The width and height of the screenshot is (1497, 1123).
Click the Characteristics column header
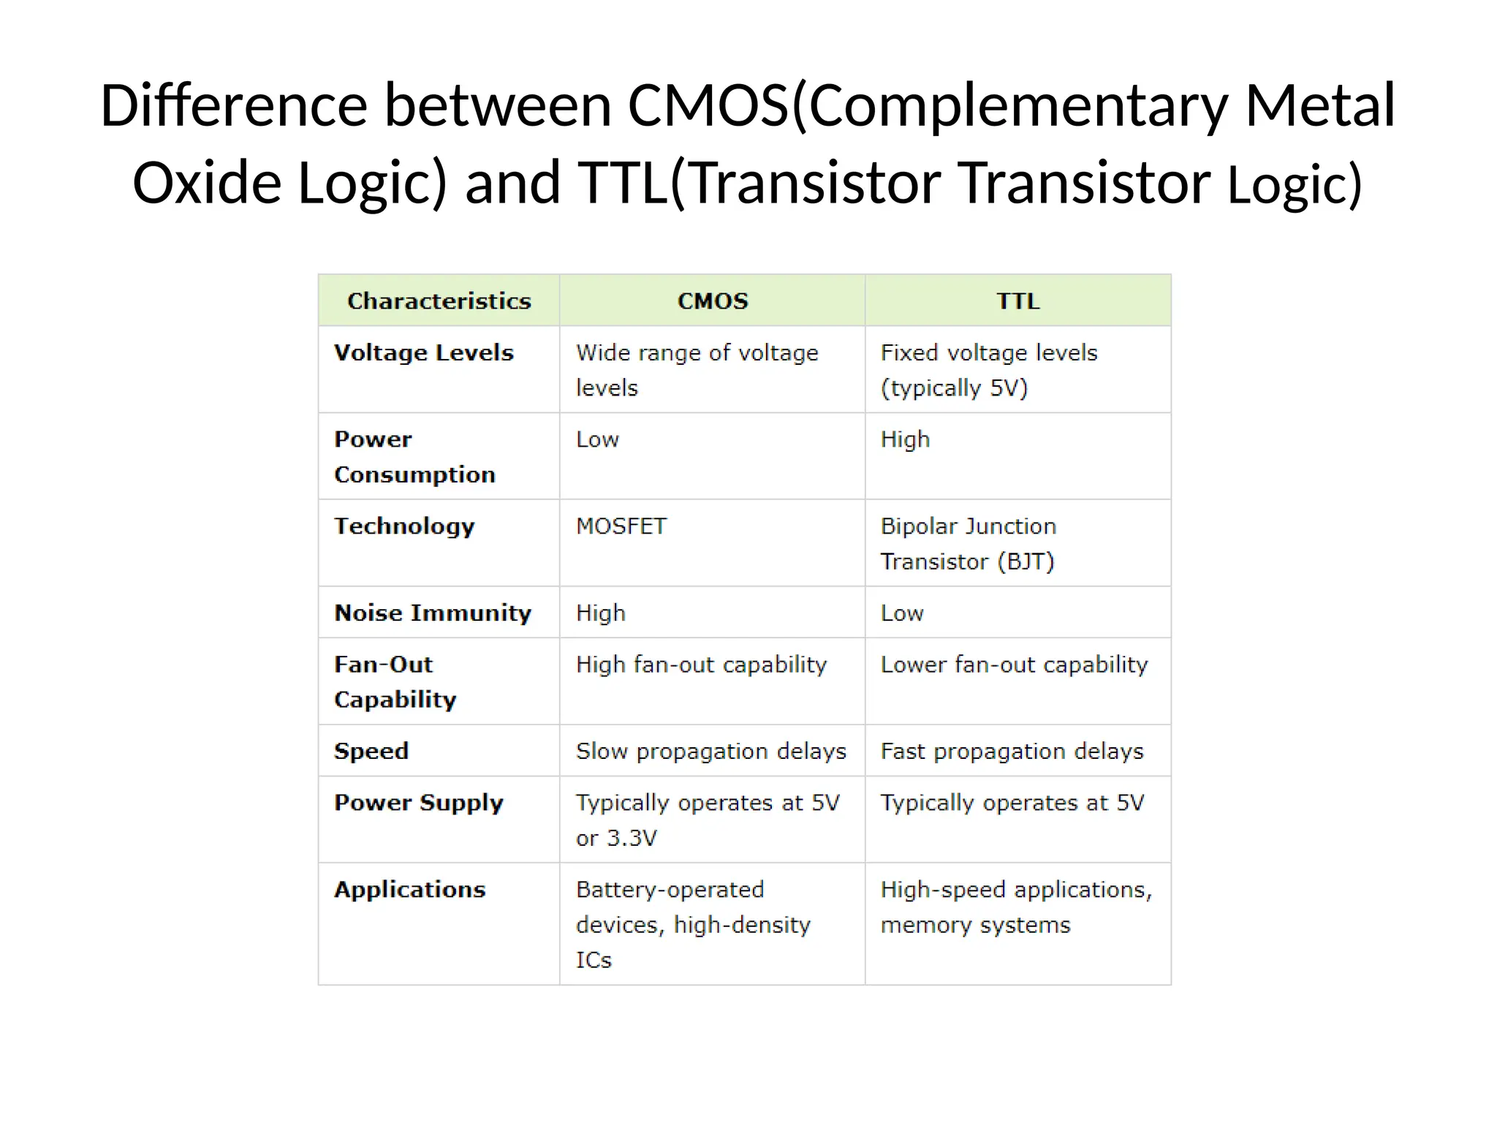click(x=439, y=301)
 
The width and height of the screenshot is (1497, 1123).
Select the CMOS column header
click(x=713, y=301)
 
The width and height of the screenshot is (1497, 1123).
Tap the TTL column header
click(x=1017, y=301)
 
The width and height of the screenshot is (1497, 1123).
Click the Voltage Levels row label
click(x=424, y=353)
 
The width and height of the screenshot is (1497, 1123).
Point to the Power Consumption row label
click(x=414, y=457)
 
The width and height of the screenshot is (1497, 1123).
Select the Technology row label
click(x=404, y=526)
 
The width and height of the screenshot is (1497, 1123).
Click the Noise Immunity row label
click(x=433, y=613)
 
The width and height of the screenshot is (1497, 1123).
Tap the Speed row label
click(x=371, y=751)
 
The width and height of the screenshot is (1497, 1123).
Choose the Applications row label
click(x=410, y=890)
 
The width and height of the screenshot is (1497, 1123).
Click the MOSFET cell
click(x=621, y=526)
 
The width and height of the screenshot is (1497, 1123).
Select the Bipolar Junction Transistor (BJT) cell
click(x=968, y=544)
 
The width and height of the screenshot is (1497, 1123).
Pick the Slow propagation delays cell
click(x=710, y=752)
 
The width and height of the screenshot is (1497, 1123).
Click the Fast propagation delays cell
click(x=1012, y=752)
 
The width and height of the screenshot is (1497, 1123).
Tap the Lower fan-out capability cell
click(x=1014, y=665)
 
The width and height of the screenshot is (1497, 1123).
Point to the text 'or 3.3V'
click(x=616, y=838)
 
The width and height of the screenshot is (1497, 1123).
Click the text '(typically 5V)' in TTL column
click(x=954, y=388)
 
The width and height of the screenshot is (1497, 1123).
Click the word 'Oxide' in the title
click(x=207, y=183)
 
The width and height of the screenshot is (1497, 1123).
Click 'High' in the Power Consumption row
click(x=905, y=439)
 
